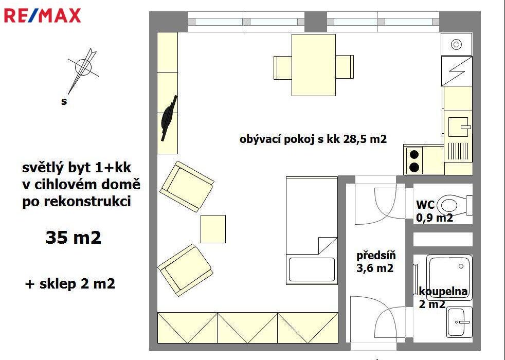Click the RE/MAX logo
42,16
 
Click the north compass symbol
83,70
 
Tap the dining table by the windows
313,65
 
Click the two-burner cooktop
414,160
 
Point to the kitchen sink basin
458,127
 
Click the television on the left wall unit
169,118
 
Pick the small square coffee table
213,229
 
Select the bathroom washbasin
460,321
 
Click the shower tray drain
461,266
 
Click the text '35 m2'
74,237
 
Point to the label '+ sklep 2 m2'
70,284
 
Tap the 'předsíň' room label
376,256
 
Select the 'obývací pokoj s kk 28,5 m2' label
313,139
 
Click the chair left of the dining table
283,67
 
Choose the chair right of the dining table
345,67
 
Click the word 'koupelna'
443,292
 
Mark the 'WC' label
425,205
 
